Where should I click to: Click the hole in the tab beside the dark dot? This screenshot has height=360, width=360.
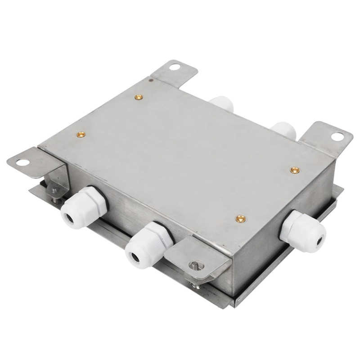pos(175,67)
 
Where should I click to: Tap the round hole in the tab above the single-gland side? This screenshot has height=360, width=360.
pos(337,136)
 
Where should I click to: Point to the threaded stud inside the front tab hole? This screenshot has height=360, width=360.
pos(195,265)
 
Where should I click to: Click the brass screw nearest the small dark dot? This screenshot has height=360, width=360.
pos(139,97)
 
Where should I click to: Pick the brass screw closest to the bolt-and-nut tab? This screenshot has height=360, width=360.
pos(81,134)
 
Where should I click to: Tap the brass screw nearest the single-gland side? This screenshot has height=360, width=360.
pos(295,170)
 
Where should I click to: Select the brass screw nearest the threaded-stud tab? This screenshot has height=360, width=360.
pos(241,219)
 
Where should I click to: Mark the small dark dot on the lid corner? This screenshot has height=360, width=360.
pos(151,81)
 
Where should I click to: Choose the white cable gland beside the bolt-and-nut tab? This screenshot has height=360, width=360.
pos(83,208)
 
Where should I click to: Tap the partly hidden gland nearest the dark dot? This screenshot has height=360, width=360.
pos(223,103)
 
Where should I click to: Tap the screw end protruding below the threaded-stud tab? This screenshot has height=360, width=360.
pos(196,285)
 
